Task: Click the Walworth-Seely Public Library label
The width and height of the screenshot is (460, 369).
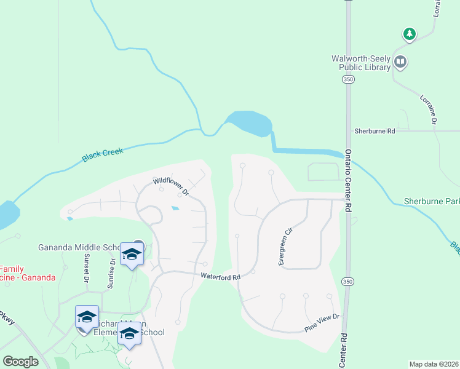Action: [x=361, y=63]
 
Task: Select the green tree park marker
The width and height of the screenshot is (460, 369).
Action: [x=409, y=33]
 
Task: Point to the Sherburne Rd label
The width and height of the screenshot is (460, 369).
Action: [x=374, y=131]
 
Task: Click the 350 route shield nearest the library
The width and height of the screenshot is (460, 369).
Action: [x=348, y=80]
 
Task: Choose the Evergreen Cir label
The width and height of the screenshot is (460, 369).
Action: [x=284, y=247]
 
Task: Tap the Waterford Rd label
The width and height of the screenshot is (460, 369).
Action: [x=220, y=277]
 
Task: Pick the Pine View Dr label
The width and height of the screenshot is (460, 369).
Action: [x=322, y=323]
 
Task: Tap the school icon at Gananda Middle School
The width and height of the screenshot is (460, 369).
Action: [x=131, y=254]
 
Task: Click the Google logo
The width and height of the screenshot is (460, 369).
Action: [x=20, y=362]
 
